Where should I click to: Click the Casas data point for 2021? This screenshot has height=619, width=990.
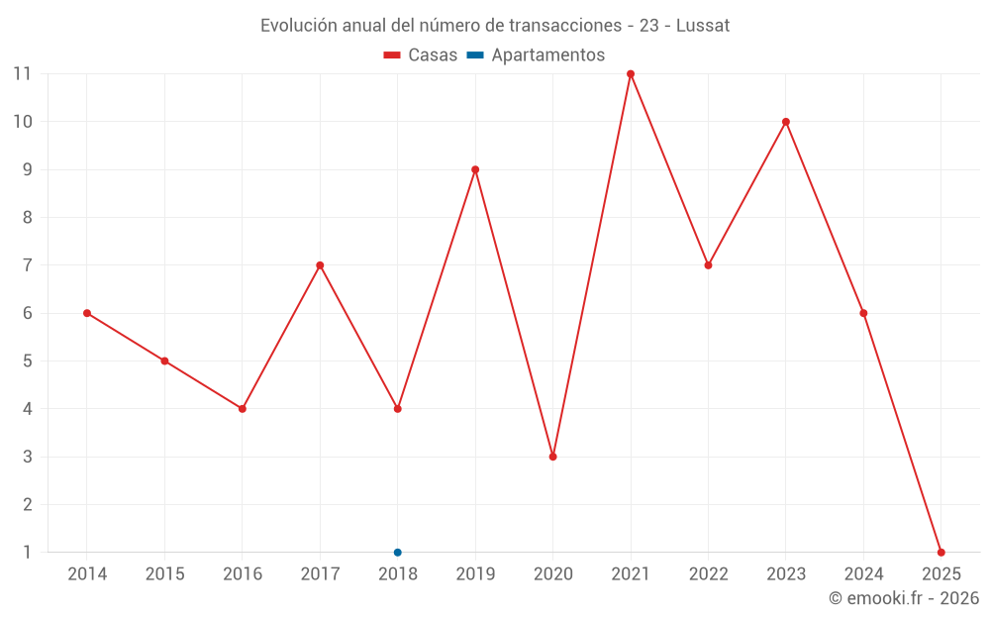pos(631,74)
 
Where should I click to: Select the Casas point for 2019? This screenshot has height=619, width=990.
pos(475,169)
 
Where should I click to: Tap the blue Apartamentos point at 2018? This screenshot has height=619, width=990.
pos(398,553)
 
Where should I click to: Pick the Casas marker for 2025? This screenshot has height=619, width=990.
pos(940,553)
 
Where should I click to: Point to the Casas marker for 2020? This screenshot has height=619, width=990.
pos(552,457)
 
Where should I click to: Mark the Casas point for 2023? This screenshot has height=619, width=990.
pos(786,122)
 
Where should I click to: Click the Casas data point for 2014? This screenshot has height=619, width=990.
pos(87,313)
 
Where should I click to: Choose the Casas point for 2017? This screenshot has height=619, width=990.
pos(320,265)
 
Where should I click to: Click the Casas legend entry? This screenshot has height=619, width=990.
pos(421,55)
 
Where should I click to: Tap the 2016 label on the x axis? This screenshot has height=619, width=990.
pos(243,574)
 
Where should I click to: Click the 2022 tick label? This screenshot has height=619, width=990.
pos(708,574)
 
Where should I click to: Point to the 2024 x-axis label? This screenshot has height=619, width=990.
pos(863,574)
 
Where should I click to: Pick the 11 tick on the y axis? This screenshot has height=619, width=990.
pos(22,74)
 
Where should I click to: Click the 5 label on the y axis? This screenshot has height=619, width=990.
pos(27,361)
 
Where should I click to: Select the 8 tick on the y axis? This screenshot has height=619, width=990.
pos(27,218)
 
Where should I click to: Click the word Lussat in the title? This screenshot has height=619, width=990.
pos(703,26)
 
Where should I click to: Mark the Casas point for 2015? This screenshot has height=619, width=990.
pos(164,361)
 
